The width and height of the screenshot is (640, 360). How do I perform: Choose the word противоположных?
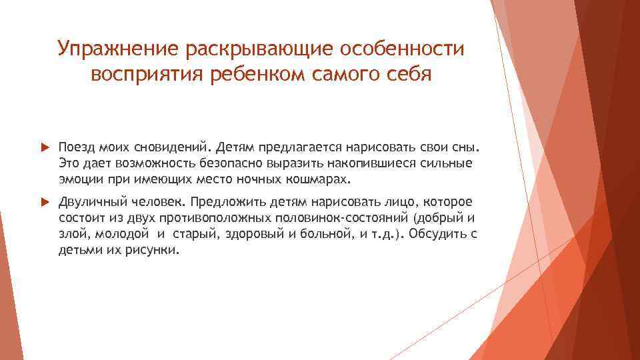(210, 218)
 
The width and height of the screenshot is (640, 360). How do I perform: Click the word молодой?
(121, 234)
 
